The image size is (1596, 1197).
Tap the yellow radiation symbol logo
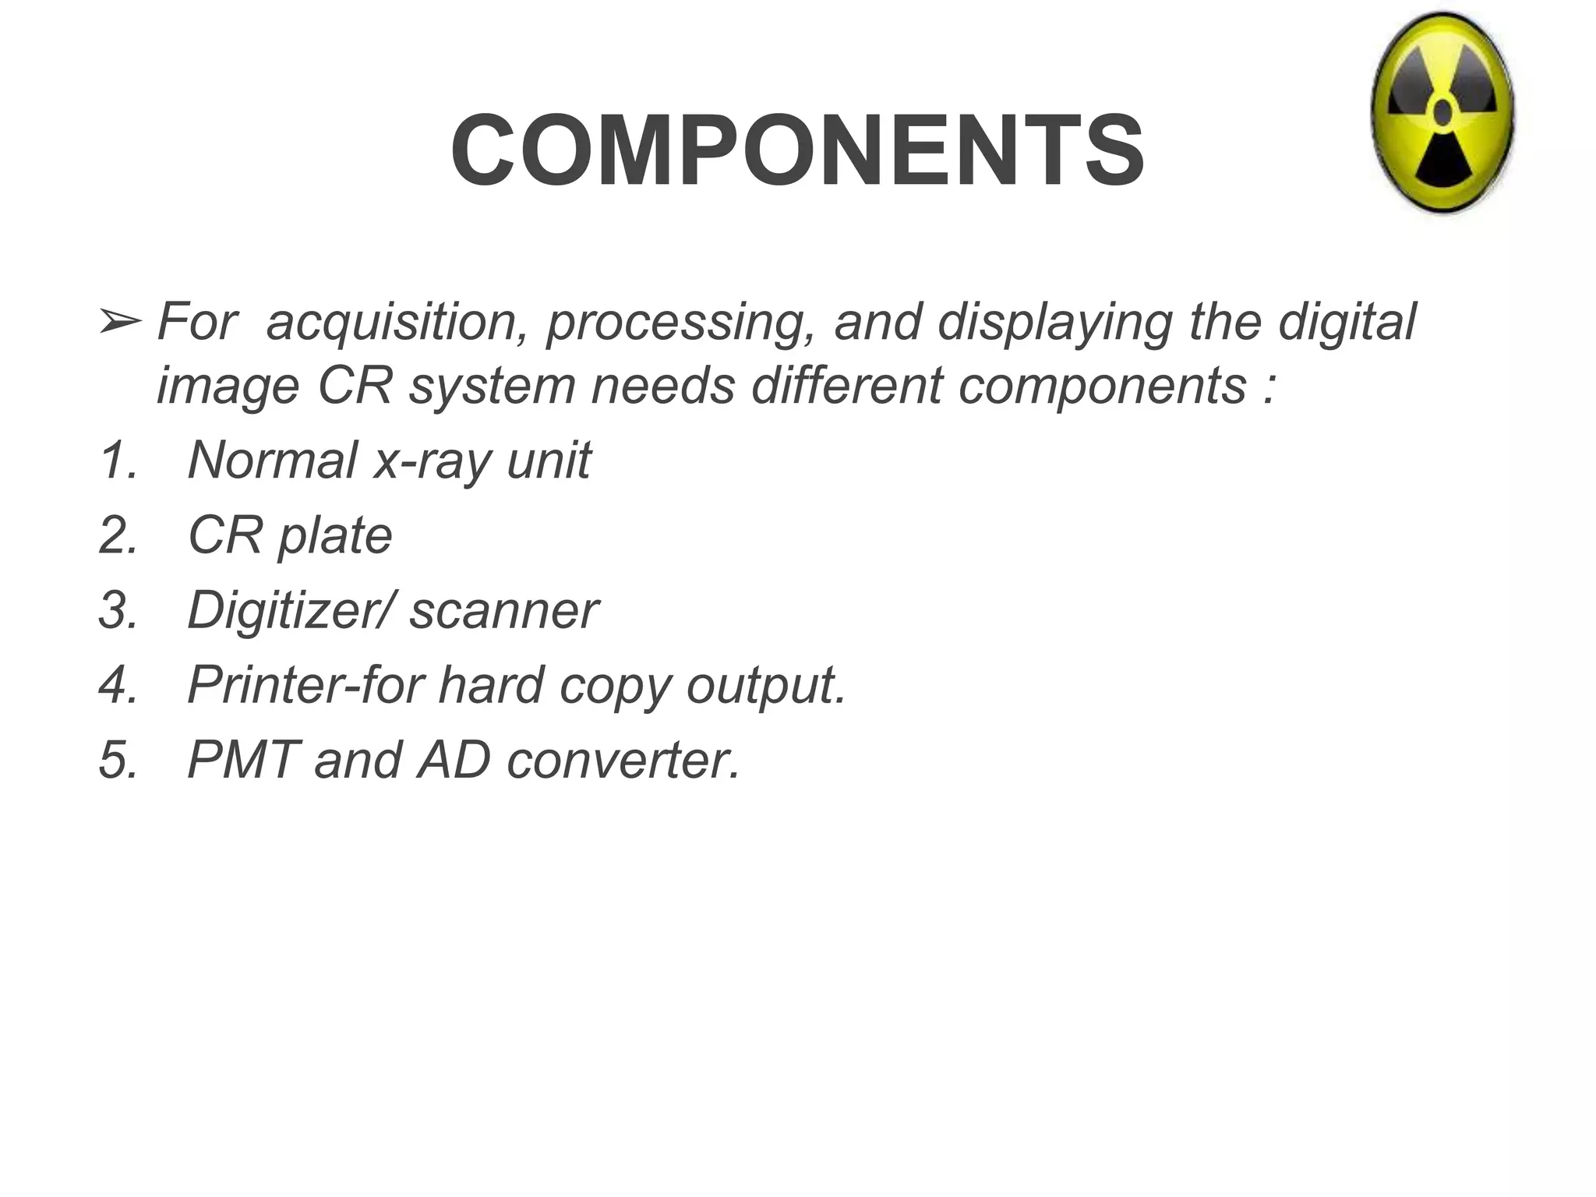point(1442,115)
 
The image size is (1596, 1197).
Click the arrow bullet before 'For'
point(120,322)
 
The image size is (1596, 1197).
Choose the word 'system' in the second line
point(492,387)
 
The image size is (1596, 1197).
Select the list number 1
point(118,460)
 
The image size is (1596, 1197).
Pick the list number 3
point(118,610)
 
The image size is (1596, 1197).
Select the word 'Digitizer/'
point(292,612)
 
